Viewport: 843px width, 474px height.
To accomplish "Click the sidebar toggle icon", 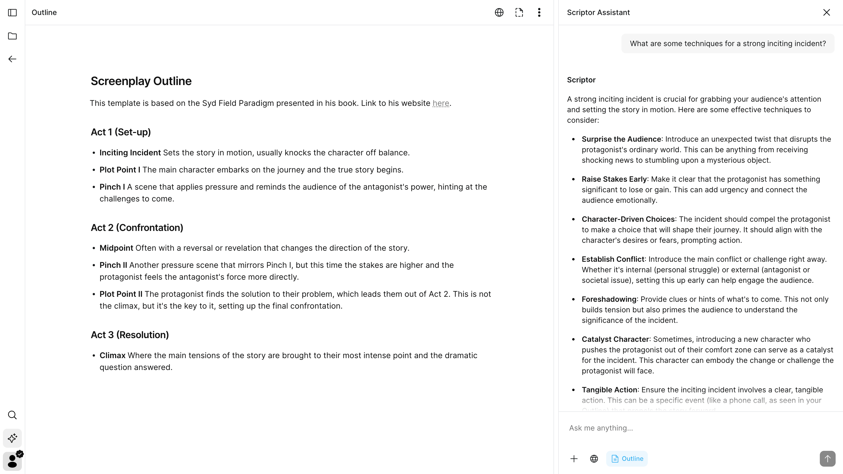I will [12, 12].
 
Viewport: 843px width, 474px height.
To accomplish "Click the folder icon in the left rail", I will [12, 36].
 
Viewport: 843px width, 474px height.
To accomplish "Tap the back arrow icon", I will [12, 59].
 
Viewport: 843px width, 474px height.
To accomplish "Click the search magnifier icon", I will [12, 415].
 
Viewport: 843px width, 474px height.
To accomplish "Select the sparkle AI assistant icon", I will [12, 438].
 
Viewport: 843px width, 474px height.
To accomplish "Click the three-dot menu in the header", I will [539, 12].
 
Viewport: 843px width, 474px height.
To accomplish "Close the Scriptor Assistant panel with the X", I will [826, 12].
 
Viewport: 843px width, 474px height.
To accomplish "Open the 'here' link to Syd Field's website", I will [440, 103].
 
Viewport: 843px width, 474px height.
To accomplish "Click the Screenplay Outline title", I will [141, 81].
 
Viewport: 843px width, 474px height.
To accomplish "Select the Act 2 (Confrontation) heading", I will [137, 228].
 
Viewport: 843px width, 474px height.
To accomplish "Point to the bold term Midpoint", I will [116, 248].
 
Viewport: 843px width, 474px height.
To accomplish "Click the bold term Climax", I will [112, 355].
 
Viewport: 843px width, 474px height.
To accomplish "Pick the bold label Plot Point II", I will [121, 294].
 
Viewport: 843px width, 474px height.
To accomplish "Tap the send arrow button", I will [827, 459].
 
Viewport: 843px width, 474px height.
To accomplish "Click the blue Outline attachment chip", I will [627, 459].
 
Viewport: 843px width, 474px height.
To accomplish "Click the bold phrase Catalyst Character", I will [615, 339].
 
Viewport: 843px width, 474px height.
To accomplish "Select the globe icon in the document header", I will [499, 12].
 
